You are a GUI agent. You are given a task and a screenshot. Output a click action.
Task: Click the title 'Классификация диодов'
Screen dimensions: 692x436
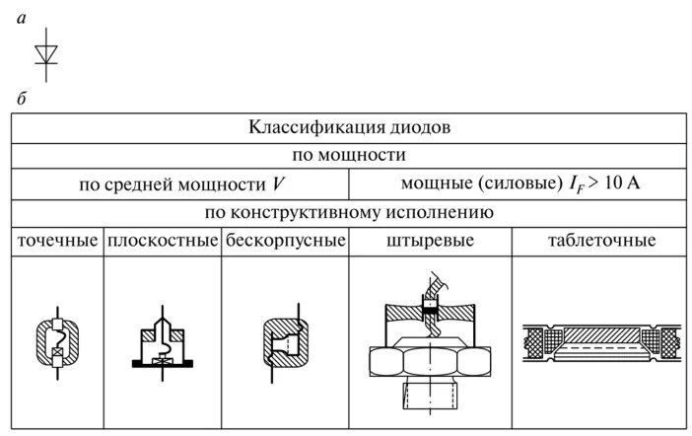350,128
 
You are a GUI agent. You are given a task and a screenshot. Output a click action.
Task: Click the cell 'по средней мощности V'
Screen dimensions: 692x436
179,184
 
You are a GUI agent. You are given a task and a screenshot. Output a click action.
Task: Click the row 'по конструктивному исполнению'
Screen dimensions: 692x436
349,212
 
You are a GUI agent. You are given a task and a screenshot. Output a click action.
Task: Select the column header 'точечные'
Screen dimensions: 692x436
58,241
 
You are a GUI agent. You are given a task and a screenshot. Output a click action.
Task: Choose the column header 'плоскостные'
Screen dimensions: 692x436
163,241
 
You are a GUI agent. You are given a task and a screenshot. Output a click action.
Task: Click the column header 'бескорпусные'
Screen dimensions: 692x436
285,241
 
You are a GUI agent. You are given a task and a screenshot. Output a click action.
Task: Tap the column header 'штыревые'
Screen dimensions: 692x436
429,241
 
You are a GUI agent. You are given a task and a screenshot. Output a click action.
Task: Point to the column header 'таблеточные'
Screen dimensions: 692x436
600,241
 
